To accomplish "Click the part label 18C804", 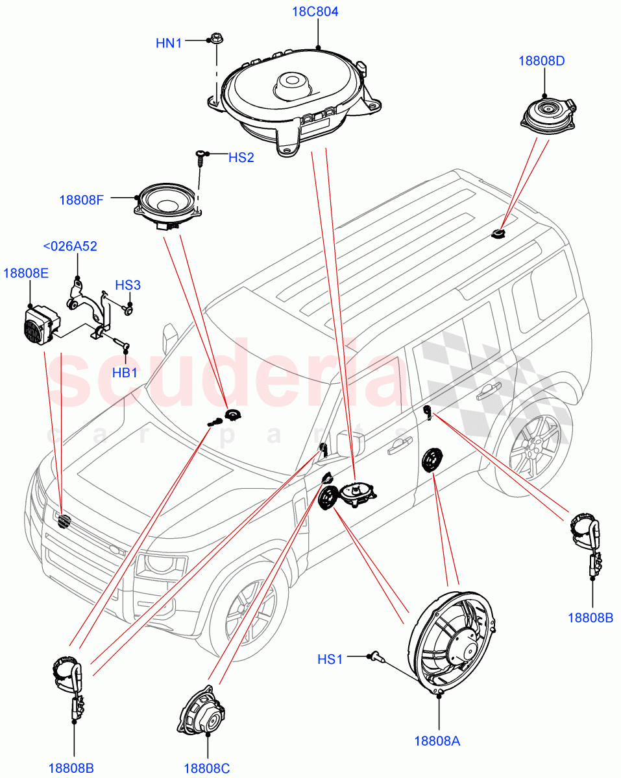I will click(x=317, y=12).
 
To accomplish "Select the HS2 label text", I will click(x=241, y=158).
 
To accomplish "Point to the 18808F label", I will click(x=81, y=200).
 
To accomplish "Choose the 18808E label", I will click(x=26, y=273).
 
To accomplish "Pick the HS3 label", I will click(x=128, y=285).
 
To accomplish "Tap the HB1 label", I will click(x=125, y=373).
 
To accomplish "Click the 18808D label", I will click(x=541, y=61).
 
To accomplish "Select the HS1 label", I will click(x=330, y=659).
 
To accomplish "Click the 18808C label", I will click(x=207, y=768).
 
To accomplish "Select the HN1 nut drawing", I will click(x=217, y=40).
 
